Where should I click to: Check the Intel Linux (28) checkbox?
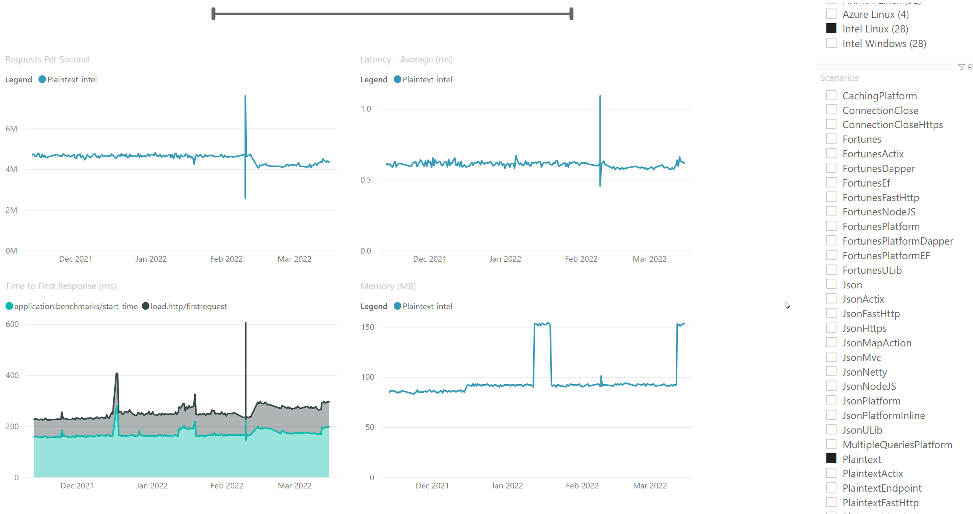click(x=831, y=28)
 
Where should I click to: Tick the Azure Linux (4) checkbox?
click(x=831, y=14)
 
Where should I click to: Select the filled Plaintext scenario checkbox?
click(x=831, y=458)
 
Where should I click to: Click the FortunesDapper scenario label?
click(x=878, y=168)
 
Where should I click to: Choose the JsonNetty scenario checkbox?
click(x=831, y=371)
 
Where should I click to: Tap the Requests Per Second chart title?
click(x=47, y=59)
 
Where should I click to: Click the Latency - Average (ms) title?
click(x=406, y=59)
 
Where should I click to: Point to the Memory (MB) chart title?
click(x=388, y=286)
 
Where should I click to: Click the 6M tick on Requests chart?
click(x=11, y=129)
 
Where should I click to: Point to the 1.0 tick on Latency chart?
click(x=366, y=109)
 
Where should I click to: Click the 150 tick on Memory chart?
click(x=368, y=327)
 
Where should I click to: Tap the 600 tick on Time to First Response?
click(x=12, y=324)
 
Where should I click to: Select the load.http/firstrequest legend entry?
click(x=188, y=306)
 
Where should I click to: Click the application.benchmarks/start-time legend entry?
click(x=76, y=306)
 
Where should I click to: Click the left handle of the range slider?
click(x=214, y=14)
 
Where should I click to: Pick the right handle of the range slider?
click(x=571, y=14)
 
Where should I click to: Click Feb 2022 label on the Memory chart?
click(x=582, y=486)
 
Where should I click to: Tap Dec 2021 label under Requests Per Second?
click(x=76, y=259)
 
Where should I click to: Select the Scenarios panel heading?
click(x=839, y=78)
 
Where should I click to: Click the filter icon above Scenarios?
click(x=961, y=67)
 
